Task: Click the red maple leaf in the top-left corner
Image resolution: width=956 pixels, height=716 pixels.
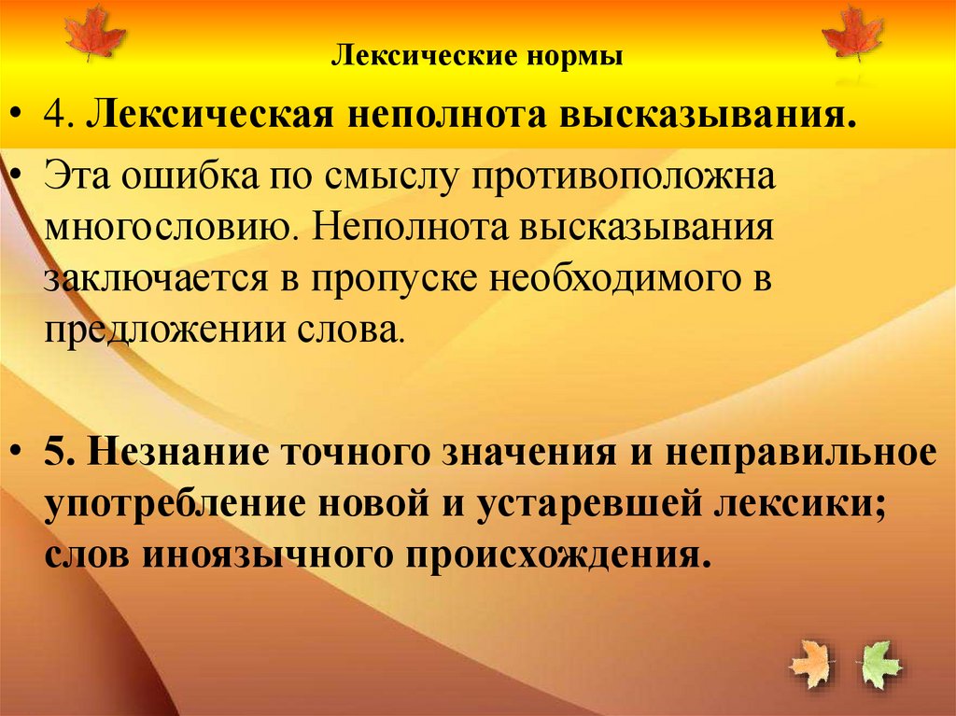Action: [x=94, y=33]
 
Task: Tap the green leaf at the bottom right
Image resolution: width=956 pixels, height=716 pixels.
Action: [x=880, y=664]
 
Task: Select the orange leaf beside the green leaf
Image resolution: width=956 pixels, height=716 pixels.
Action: [x=810, y=662]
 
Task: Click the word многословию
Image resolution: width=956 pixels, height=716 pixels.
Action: [x=165, y=230]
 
